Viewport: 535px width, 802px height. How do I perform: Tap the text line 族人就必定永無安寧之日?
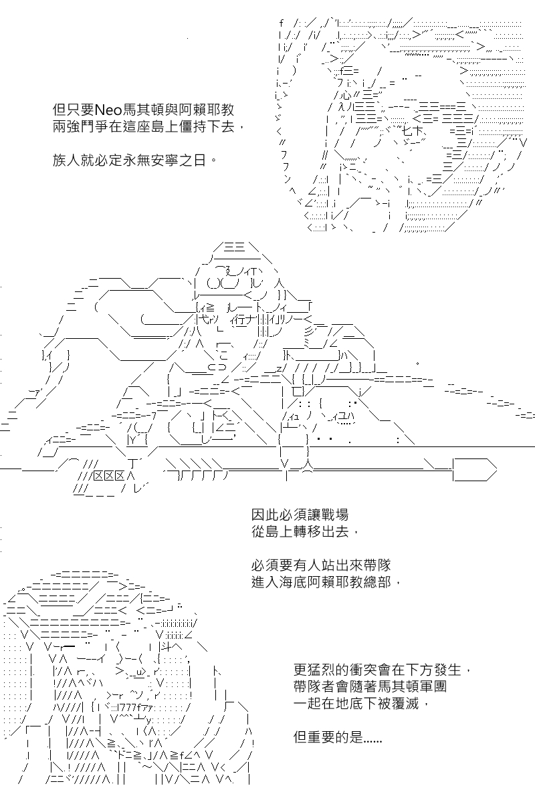[134, 160]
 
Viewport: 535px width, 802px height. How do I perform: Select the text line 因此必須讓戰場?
[300, 515]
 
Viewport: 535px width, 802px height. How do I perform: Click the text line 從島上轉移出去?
[304, 532]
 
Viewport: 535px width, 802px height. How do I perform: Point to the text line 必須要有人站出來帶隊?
[321, 565]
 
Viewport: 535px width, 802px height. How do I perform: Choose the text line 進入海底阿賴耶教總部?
[326, 582]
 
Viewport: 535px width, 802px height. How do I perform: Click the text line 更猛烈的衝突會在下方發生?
[382, 670]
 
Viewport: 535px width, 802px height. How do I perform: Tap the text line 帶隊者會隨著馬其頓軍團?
[370, 686]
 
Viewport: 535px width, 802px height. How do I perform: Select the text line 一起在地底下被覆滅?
[361, 704]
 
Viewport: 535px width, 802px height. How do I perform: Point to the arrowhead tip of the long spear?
[497, 469]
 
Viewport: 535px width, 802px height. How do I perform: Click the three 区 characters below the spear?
[109, 476]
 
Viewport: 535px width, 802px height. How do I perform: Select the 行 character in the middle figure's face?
[239, 318]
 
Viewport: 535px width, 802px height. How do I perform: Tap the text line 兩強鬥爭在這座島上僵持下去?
[148, 127]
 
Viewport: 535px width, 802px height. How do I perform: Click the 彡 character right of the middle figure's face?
[308, 330]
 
